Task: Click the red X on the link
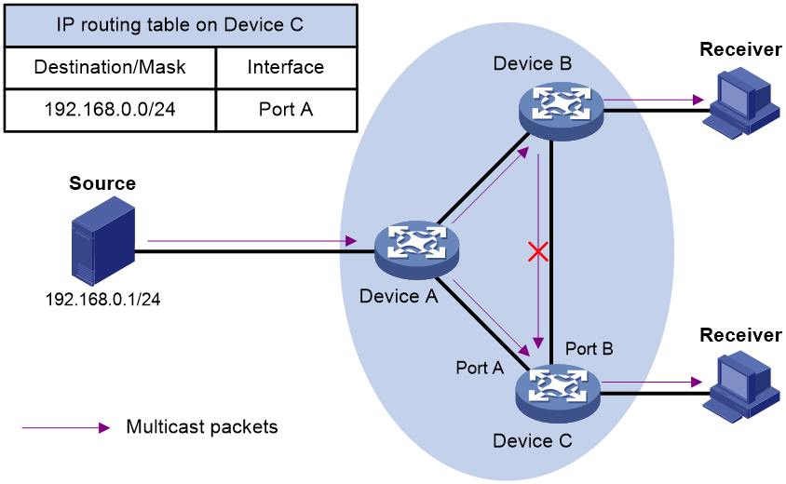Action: [x=538, y=251]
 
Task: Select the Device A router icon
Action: [x=416, y=249]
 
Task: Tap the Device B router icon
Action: [x=561, y=112]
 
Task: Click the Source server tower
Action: [x=103, y=240]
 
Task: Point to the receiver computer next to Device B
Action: [x=741, y=104]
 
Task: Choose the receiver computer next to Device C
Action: [x=741, y=387]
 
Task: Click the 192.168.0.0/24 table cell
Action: [x=110, y=110]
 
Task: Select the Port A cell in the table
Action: [x=286, y=110]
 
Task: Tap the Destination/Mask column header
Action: [x=110, y=67]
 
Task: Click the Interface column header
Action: [x=286, y=67]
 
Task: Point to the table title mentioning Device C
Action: [x=180, y=24]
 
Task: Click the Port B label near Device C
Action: [x=589, y=349]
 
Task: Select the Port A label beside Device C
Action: [x=480, y=368]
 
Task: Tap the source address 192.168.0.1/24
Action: [x=102, y=299]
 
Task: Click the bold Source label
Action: [x=102, y=183]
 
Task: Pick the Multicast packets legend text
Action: [x=202, y=427]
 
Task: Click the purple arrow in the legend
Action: [x=66, y=428]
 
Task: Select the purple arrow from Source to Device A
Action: [x=252, y=241]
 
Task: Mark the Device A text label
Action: [x=399, y=296]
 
